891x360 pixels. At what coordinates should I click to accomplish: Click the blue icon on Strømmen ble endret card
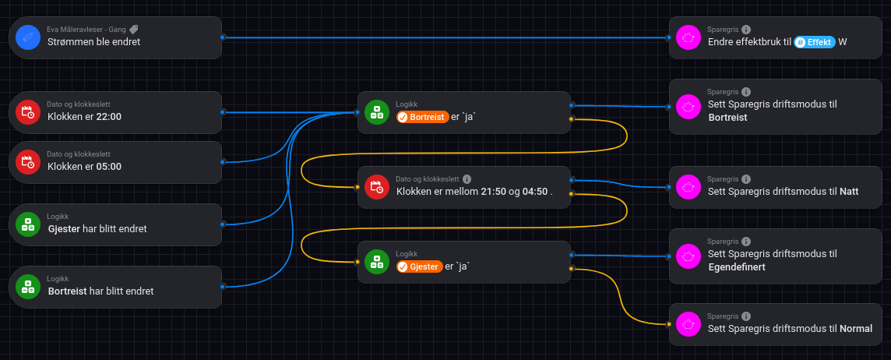coord(28,37)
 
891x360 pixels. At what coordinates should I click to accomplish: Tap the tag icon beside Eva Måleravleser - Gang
coord(134,30)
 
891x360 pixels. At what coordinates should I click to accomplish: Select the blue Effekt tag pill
coord(815,42)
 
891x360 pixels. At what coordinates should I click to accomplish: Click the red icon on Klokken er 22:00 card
coord(28,112)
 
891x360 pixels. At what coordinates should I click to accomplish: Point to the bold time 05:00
coord(108,167)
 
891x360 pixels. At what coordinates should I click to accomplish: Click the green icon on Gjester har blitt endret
coord(28,224)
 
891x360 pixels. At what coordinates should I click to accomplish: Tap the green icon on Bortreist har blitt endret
coord(28,287)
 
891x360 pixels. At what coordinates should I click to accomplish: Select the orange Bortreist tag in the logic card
coord(422,117)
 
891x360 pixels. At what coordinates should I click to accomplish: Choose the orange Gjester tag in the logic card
coord(419,266)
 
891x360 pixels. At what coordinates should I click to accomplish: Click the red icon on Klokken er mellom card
coord(377,187)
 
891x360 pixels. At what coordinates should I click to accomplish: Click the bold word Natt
coord(849,192)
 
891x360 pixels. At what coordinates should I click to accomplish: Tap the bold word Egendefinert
coord(737,266)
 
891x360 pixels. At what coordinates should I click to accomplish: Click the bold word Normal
coord(856,329)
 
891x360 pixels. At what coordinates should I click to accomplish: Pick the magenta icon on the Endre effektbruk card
coord(688,37)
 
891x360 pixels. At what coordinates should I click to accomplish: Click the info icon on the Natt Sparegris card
coord(746,179)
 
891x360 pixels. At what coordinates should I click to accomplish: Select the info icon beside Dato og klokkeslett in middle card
coord(467,179)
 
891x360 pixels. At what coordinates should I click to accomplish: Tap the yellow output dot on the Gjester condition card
coord(572,269)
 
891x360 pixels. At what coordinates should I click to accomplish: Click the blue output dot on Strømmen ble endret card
coord(223,37)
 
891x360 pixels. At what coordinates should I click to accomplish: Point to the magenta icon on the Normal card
coord(688,324)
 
